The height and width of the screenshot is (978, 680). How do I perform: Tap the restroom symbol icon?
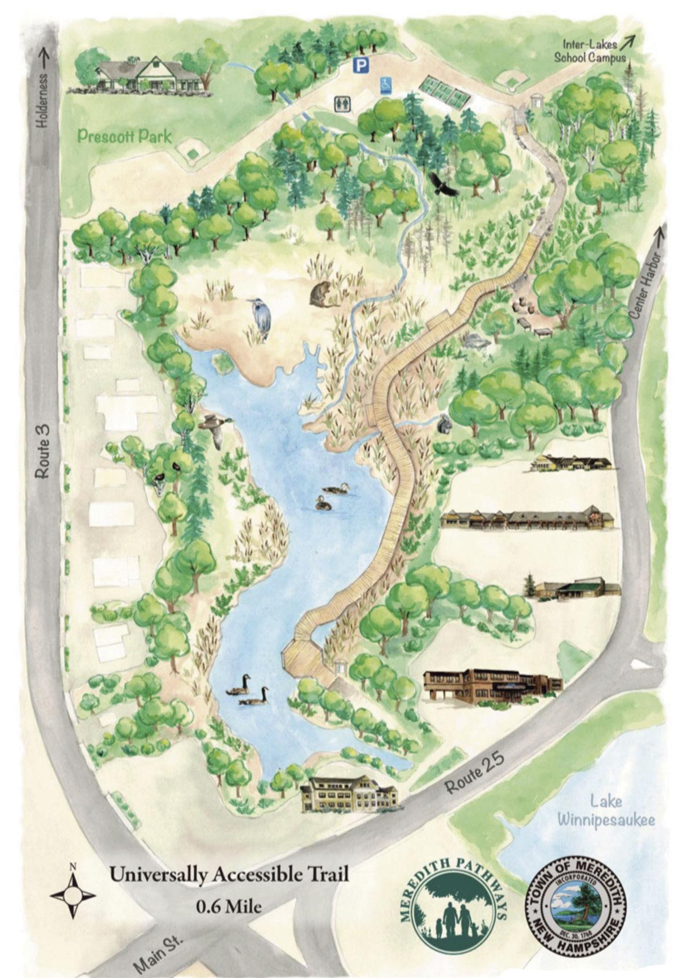point(343,103)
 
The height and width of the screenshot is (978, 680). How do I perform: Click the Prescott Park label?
point(125,136)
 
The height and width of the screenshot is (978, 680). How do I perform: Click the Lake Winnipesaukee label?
point(606,811)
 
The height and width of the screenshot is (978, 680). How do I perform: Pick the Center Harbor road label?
point(645,286)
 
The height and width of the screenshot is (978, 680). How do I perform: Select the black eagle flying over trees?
point(442,185)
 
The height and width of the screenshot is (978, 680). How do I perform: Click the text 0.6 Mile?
point(229,906)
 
